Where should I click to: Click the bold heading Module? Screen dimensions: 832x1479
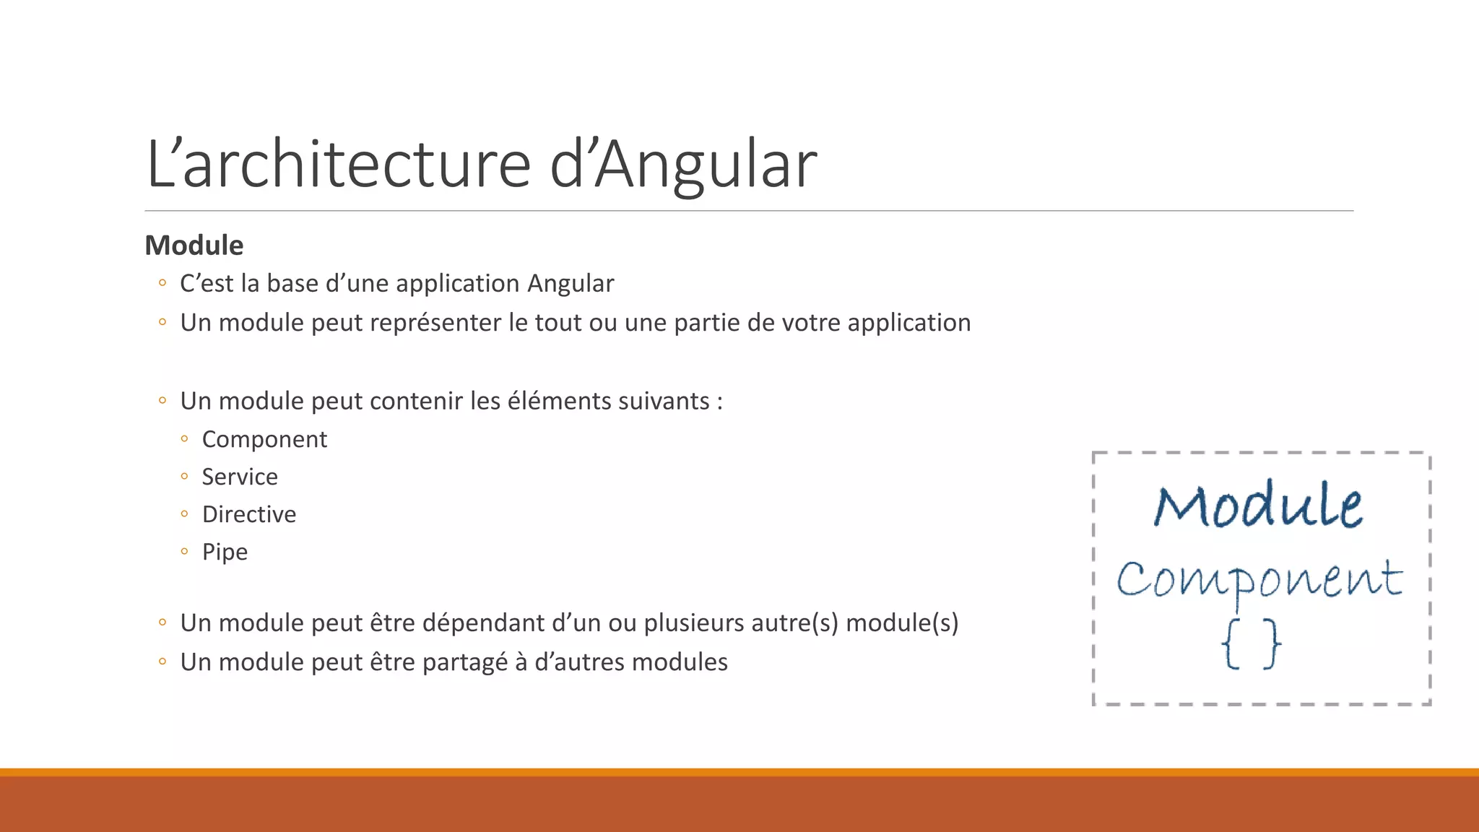(x=194, y=246)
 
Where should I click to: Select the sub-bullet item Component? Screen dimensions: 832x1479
(x=264, y=440)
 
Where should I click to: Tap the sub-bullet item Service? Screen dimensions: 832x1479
(x=240, y=477)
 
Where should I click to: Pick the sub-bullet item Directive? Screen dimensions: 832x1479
(x=249, y=515)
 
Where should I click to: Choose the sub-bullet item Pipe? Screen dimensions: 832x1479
(x=225, y=552)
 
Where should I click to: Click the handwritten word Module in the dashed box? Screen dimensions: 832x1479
(x=1258, y=505)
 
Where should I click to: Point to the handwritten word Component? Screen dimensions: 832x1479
(x=1259, y=579)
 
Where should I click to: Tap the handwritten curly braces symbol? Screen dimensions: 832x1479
(x=1252, y=643)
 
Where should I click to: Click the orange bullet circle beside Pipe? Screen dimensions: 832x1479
(x=185, y=552)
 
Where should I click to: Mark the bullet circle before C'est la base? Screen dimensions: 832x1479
(x=162, y=283)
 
